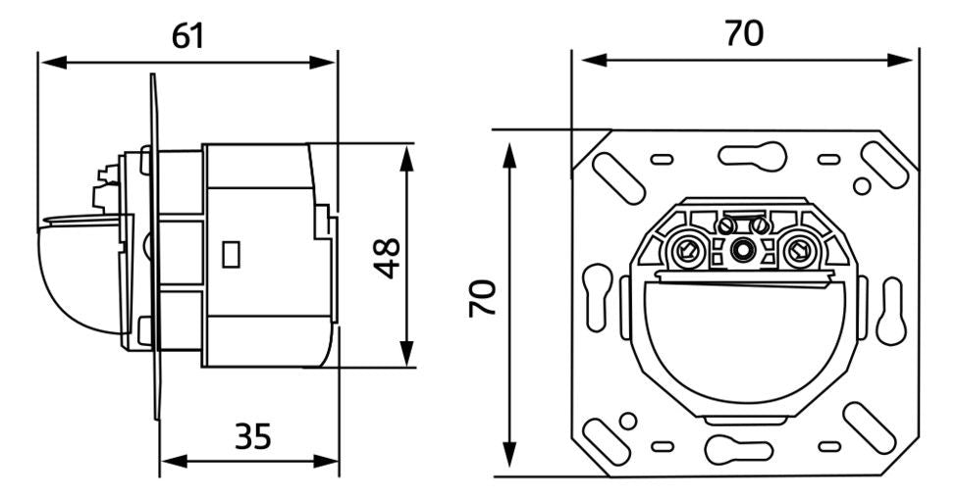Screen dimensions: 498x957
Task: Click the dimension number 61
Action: click(x=188, y=36)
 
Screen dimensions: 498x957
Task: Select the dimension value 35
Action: click(x=253, y=435)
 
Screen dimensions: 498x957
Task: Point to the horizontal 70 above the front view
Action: click(x=743, y=33)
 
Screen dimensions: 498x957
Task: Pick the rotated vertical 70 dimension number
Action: click(x=481, y=296)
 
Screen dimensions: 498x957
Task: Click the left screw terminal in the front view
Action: click(x=687, y=253)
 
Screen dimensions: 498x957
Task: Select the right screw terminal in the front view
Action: click(x=800, y=253)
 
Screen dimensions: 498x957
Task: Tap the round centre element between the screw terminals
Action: click(x=743, y=253)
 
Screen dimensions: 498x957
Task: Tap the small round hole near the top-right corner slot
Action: click(x=861, y=184)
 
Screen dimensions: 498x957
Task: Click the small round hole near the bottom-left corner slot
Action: click(x=628, y=421)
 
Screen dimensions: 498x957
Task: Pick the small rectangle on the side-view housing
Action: click(x=233, y=255)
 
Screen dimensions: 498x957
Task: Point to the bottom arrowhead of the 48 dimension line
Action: click(x=404, y=360)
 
